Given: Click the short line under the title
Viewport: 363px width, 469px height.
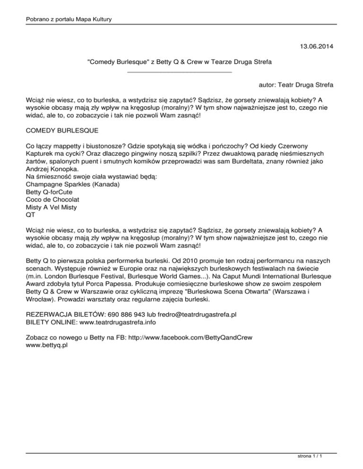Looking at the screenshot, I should (180, 71).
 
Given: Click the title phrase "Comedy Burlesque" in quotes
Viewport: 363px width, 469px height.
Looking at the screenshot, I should (117, 62).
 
